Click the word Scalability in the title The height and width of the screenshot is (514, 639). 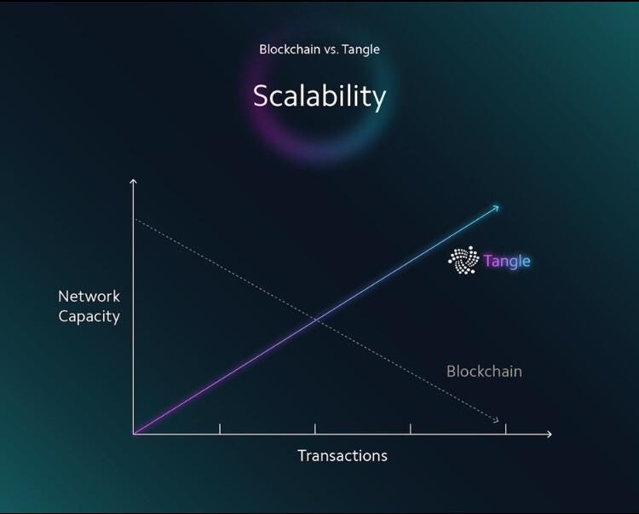pyautogui.click(x=319, y=95)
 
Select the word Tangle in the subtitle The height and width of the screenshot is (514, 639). pyautogui.click(x=360, y=49)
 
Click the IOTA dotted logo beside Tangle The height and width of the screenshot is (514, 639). pyautogui.click(x=463, y=261)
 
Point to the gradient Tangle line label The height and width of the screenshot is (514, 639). pyautogui.click(x=507, y=261)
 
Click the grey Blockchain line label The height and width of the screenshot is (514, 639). pyautogui.click(x=484, y=372)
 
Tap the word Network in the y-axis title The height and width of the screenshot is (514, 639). pyautogui.click(x=89, y=297)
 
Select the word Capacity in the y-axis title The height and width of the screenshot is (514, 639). pyautogui.click(x=89, y=316)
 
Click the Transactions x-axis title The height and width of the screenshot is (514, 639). pyautogui.click(x=343, y=455)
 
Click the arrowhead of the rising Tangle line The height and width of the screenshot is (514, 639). pyautogui.click(x=497, y=207)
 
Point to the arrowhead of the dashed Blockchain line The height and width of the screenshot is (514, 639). pyautogui.click(x=496, y=419)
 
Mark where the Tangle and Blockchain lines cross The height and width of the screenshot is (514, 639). pyautogui.click(x=316, y=320)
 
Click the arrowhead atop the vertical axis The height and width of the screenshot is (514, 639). pyautogui.click(x=133, y=182)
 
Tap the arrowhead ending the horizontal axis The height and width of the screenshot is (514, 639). pyautogui.click(x=549, y=434)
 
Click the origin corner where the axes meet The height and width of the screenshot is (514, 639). pyautogui.click(x=134, y=434)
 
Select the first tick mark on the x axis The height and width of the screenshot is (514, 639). pyautogui.click(x=220, y=429)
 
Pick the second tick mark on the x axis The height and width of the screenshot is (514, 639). pyautogui.click(x=315, y=429)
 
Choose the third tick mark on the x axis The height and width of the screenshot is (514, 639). pyautogui.click(x=411, y=429)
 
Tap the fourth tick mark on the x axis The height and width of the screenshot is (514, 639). pyautogui.click(x=506, y=429)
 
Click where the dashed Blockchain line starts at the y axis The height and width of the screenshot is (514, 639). pyautogui.click(x=135, y=220)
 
